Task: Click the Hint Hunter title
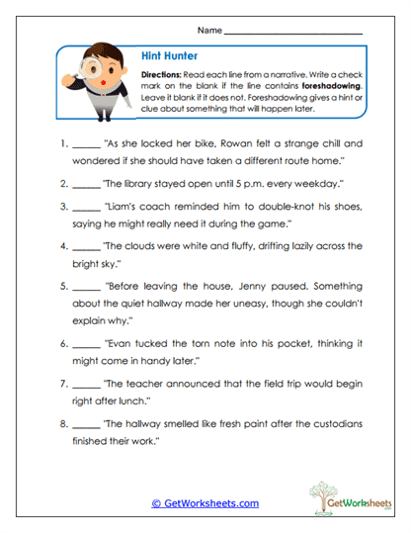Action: tap(162, 56)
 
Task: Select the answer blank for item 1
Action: tap(87, 142)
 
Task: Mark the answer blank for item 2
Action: tap(87, 184)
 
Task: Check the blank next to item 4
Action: tap(87, 246)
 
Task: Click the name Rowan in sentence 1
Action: tap(223, 142)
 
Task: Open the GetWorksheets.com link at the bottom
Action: tap(205, 503)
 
